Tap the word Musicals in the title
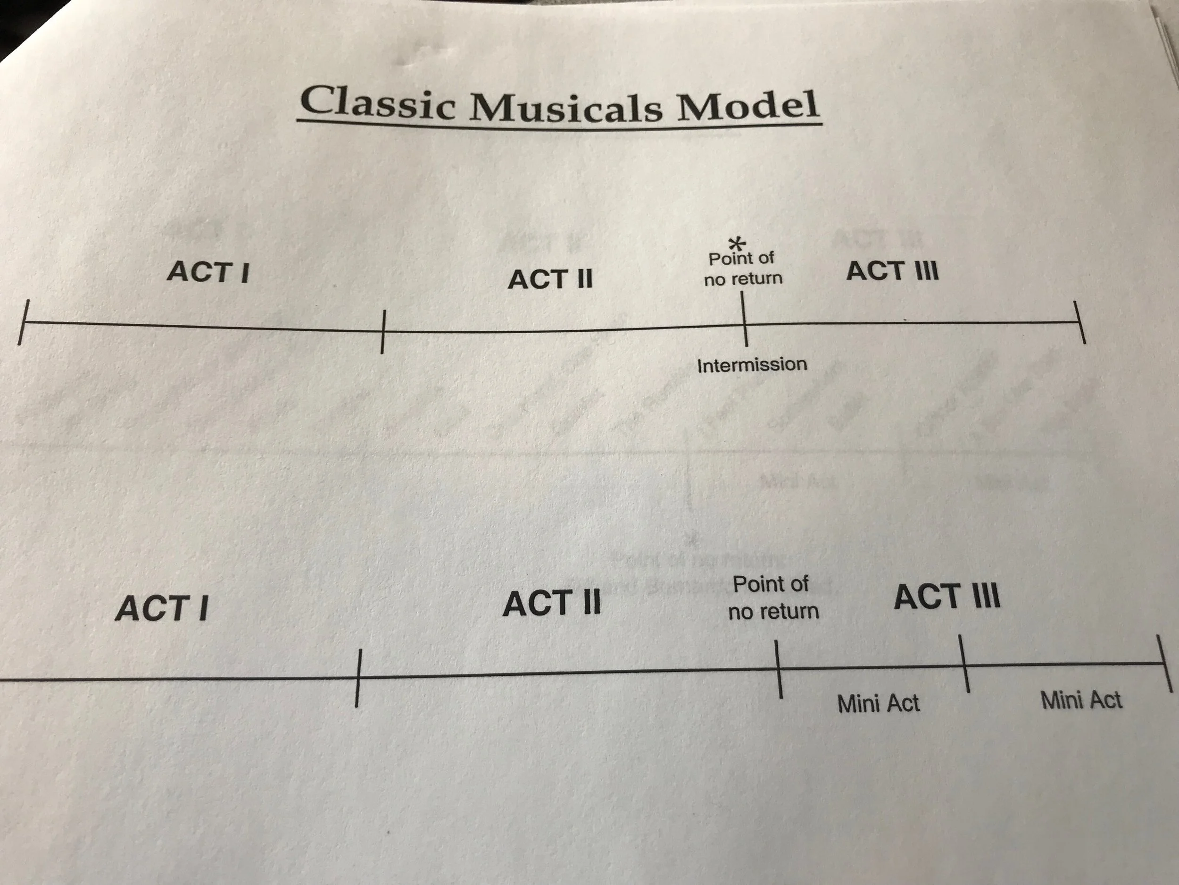pos(565,105)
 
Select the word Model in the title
pos(747,105)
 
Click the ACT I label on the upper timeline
pos(208,271)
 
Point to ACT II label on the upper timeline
pos(550,279)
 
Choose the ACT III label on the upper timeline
pos(893,270)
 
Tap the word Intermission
pos(752,365)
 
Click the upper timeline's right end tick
pos(1079,322)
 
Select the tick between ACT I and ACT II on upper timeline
pos(382,331)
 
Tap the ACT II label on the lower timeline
pos(552,603)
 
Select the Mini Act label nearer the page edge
pos(1081,700)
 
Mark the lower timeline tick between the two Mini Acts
pos(964,664)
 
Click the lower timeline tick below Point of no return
pos(779,669)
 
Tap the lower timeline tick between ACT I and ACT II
pos(358,678)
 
